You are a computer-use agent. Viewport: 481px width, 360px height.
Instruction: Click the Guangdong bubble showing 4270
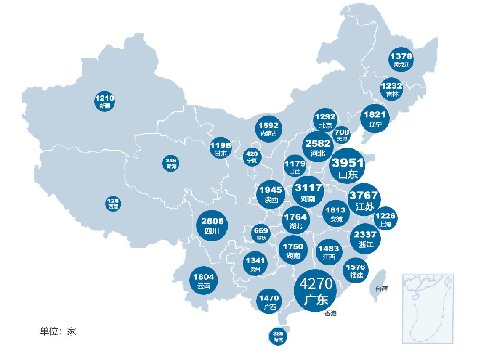(x=316, y=291)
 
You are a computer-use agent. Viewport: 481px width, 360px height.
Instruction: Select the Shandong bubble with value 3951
(x=347, y=167)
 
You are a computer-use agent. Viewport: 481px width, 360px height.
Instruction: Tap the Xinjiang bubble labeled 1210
(x=105, y=101)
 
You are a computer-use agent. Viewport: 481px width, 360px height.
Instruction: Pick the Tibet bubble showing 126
(x=113, y=204)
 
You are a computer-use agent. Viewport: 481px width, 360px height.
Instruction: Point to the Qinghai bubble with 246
(x=171, y=163)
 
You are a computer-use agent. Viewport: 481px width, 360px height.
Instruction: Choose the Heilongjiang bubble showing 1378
(x=401, y=60)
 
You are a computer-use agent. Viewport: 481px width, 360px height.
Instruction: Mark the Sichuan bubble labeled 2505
(x=213, y=225)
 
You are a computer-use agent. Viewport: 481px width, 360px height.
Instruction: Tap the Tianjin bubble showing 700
(x=342, y=135)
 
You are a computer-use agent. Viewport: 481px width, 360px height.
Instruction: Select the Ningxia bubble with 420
(x=252, y=157)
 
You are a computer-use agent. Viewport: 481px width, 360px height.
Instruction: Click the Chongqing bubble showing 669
(x=261, y=233)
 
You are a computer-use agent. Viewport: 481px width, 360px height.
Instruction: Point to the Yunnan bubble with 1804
(x=204, y=281)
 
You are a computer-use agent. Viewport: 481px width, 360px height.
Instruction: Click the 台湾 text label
(x=381, y=289)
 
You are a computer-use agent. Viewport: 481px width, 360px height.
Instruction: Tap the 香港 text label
(x=331, y=314)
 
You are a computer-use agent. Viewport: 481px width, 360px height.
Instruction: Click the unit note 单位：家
(x=58, y=331)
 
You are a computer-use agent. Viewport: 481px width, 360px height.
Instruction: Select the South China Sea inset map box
(x=428, y=309)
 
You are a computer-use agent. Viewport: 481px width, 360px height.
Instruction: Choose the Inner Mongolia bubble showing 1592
(x=269, y=129)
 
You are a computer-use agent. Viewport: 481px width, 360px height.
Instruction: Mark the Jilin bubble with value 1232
(x=392, y=90)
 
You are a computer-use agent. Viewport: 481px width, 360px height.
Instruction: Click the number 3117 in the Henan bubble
(x=308, y=188)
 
